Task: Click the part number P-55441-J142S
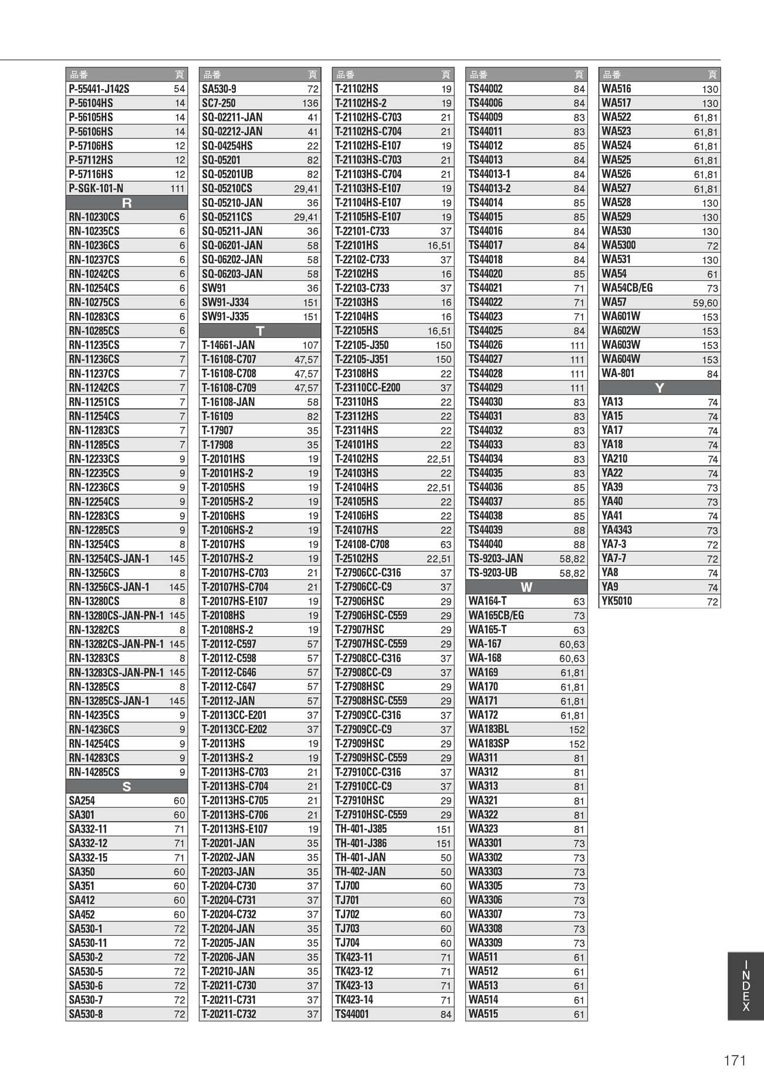(x=99, y=89)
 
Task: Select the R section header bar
(x=127, y=203)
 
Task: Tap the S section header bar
(x=127, y=787)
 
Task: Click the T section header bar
(x=260, y=331)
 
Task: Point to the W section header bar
(x=526, y=587)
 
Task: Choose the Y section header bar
(x=660, y=388)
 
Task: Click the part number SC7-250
(x=219, y=103)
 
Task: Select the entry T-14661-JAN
(x=228, y=345)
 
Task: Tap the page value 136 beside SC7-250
(x=310, y=103)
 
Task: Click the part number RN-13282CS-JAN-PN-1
(x=116, y=644)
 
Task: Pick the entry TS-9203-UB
(x=493, y=573)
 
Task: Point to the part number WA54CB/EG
(x=627, y=288)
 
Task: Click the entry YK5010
(x=617, y=601)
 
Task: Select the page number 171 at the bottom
(x=735, y=1060)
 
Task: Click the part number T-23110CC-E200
(x=367, y=388)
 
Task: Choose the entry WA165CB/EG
(x=496, y=616)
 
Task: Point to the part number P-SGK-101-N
(x=96, y=188)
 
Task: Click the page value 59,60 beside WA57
(x=705, y=303)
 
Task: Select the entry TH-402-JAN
(x=360, y=872)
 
